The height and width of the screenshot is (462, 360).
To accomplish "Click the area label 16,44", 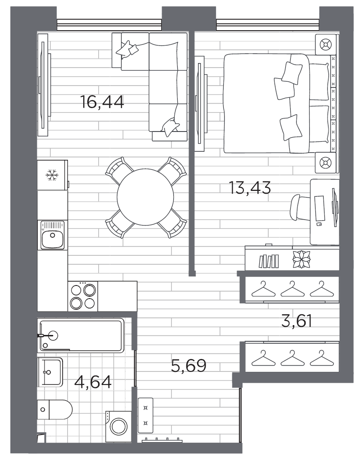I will click(102, 102).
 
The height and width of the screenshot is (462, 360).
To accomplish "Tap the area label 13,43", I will click(250, 188).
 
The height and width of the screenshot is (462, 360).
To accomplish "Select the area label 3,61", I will click(296, 322).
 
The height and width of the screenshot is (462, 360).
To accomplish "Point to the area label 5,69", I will click(189, 365).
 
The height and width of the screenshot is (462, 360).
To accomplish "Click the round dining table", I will click(146, 196).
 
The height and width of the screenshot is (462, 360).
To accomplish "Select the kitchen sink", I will click(53, 235).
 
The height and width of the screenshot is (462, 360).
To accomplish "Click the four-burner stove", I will click(83, 296).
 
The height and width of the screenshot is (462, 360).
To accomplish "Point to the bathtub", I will click(81, 335).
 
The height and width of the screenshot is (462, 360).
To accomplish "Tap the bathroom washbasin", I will click(50, 372).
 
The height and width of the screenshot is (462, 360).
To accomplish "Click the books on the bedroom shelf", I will click(269, 261).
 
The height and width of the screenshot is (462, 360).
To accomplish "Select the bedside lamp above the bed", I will click(325, 45).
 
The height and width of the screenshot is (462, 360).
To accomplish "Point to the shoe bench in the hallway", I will click(145, 413).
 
